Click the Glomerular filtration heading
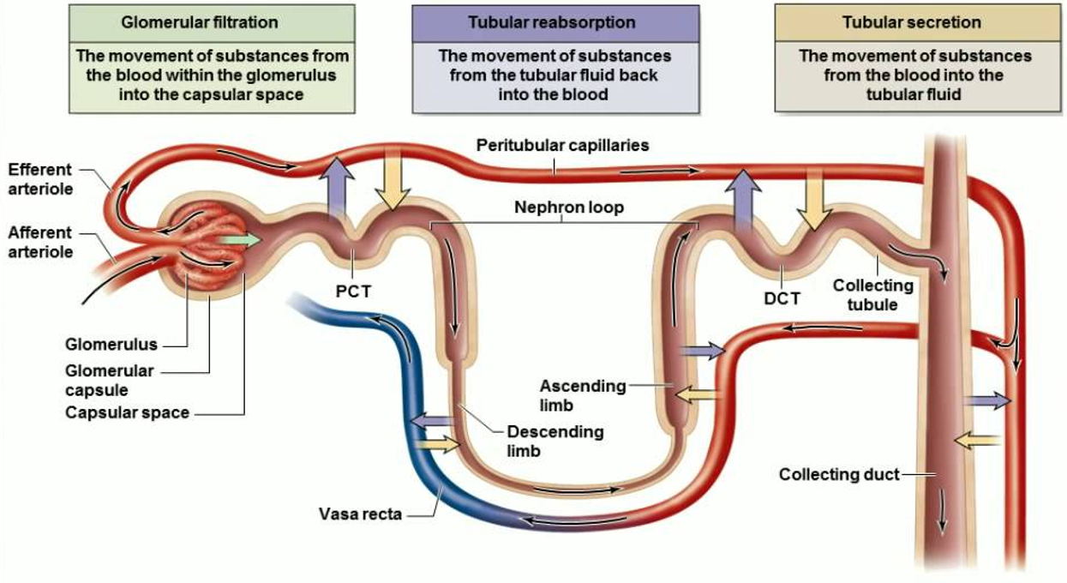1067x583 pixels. [x=212, y=22]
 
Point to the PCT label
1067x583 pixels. [x=353, y=291]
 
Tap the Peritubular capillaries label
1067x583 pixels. [x=562, y=146]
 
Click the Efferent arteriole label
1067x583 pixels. [x=41, y=178]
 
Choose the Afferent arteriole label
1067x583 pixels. [x=39, y=242]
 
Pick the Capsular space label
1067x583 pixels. [x=127, y=412]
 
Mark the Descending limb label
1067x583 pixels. [x=554, y=440]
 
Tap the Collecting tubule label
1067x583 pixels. [x=872, y=294]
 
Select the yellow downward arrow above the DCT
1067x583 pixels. [x=810, y=198]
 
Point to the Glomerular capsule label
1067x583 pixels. [x=109, y=380]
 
